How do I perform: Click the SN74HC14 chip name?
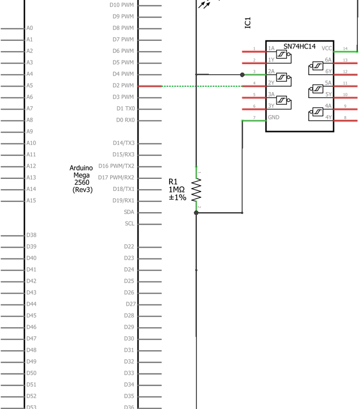299,47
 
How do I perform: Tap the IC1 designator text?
248,23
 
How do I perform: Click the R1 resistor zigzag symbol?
196,190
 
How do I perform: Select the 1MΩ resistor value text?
177,190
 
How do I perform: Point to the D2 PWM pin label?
123,86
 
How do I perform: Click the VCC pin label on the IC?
327,49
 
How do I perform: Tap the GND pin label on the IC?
273,118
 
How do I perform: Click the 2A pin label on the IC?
271,71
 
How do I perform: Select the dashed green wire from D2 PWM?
202,86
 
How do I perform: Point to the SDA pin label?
129,212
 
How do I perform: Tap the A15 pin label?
31,201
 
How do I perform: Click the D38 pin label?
32,235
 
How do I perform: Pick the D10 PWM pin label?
122,5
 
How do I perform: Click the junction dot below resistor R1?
196,213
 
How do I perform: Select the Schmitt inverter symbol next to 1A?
282,54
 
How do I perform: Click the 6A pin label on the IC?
328,60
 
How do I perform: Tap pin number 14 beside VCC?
345,49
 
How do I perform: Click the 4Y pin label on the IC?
328,118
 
